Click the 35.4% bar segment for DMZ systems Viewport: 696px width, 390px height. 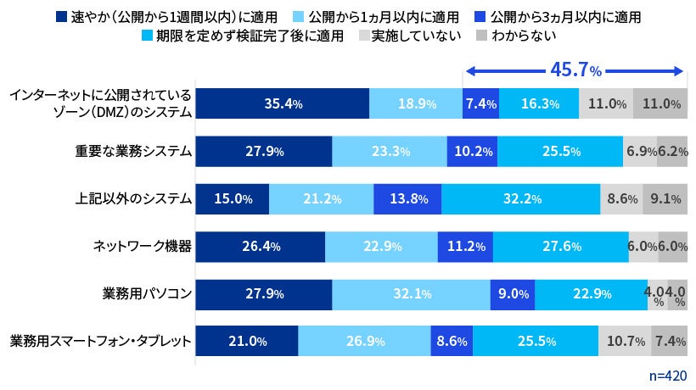point(282,104)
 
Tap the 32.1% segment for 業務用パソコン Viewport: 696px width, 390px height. point(411,294)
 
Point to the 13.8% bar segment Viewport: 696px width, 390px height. point(407,199)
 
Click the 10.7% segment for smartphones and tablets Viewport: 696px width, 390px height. point(625,342)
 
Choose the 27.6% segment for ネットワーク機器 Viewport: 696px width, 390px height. point(560,247)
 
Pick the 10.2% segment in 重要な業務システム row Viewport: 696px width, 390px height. point(472,152)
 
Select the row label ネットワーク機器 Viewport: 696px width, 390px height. point(142,247)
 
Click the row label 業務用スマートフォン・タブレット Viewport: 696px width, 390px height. point(100,342)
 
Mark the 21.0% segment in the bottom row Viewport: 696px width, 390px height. point(247,342)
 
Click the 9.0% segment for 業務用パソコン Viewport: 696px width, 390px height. point(512,294)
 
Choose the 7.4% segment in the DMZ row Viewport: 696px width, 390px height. point(480,104)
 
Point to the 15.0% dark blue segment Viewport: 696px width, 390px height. point(233,199)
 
